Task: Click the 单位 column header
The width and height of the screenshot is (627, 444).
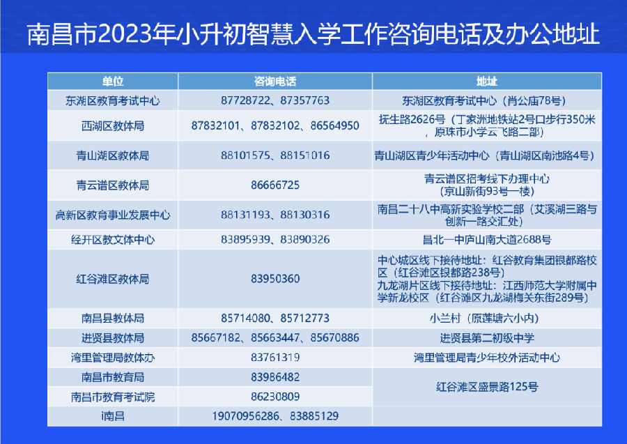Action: (113, 82)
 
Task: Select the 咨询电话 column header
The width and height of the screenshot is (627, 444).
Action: (275, 82)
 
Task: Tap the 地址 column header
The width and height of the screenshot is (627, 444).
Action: (487, 82)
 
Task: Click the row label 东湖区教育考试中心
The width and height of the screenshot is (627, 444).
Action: (113, 101)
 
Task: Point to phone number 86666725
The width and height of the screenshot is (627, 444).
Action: (275, 185)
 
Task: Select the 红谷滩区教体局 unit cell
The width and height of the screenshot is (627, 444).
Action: (113, 279)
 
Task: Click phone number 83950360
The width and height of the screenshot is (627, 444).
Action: (275, 279)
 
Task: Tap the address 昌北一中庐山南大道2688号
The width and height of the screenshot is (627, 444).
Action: (487, 240)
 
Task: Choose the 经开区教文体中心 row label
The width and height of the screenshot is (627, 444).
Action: (113, 240)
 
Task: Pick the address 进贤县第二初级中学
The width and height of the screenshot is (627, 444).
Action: (487, 338)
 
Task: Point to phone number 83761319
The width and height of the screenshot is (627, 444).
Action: (275, 357)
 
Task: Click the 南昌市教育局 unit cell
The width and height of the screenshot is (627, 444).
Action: (113, 377)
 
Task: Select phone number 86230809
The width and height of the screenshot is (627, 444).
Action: (275, 397)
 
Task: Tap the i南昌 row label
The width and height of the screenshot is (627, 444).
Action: (113, 416)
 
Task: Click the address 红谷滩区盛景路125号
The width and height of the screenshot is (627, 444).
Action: (487, 387)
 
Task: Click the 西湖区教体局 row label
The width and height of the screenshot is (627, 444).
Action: (113, 126)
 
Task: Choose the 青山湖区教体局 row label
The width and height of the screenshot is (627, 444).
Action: (113, 155)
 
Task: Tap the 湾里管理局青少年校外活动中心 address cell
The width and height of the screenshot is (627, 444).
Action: (487, 358)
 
